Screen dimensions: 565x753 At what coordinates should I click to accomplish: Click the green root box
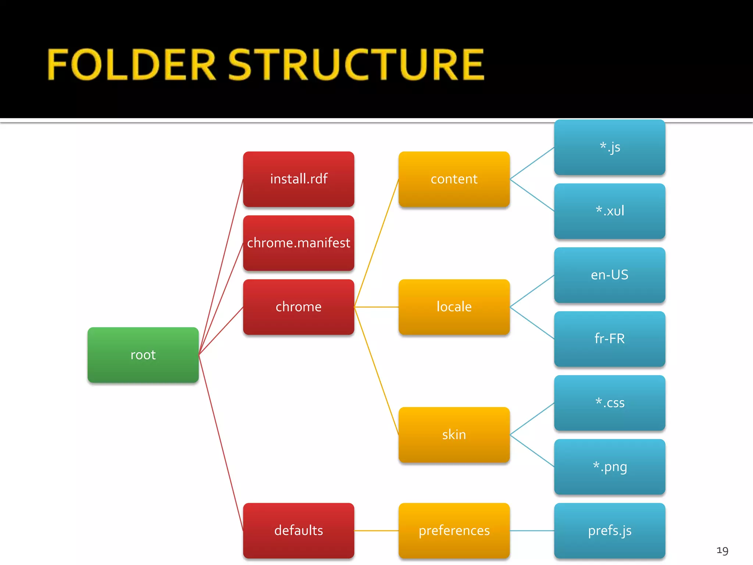(x=143, y=355)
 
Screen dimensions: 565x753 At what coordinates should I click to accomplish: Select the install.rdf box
(x=299, y=179)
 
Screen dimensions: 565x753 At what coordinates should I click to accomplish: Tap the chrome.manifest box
(x=299, y=243)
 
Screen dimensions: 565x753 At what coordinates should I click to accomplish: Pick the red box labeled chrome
(x=299, y=307)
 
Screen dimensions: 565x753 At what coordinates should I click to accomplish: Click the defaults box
(x=299, y=530)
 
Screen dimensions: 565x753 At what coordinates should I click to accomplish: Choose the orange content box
(x=454, y=179)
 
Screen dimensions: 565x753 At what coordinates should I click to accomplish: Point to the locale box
(x=454, y=307)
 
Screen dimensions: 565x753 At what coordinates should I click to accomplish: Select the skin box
(x=454, y=434)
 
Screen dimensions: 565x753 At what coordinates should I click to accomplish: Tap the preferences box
(x=454, y=530)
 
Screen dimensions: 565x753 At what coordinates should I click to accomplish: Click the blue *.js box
(x=610, y=147)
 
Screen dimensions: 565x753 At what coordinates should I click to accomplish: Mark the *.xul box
(x=610, y=211)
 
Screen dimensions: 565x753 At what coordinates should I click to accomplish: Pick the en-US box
(x=610, y=275)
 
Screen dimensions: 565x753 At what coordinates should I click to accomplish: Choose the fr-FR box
(x=610, y=339)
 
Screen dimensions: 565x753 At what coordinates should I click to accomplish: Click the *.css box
(x=610, y=403)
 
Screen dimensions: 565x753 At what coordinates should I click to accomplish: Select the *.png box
(x=610, y=466)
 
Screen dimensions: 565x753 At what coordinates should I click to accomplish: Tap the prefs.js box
(x=610, y=530)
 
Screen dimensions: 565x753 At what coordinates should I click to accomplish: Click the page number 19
(x=722, y=551)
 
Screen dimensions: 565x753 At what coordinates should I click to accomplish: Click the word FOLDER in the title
(x=131, y=65)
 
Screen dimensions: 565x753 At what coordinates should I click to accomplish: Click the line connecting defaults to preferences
(x=376, y=530)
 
